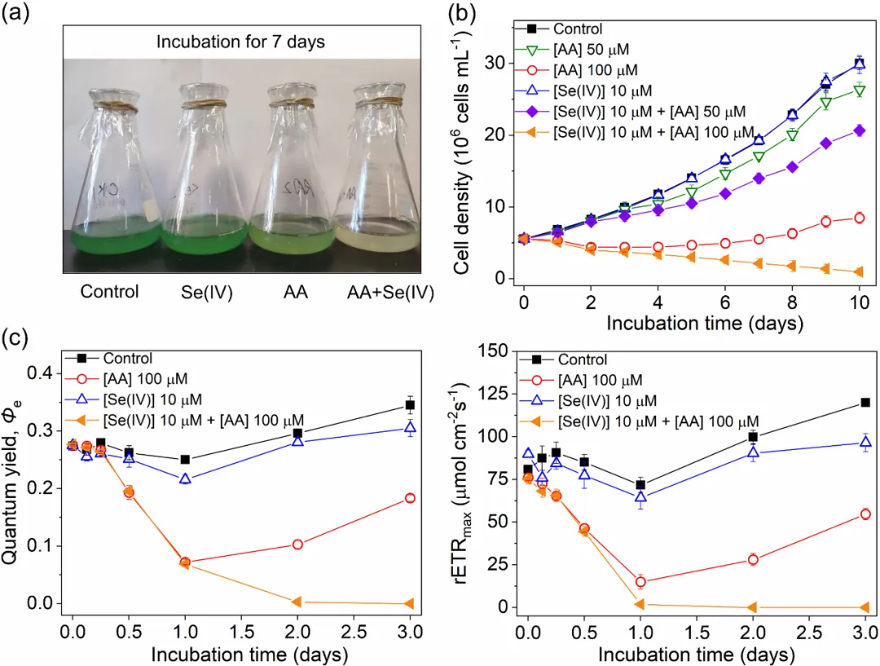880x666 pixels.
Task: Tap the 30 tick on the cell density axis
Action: coord(499,63)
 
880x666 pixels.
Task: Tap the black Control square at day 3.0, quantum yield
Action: coord(410,405)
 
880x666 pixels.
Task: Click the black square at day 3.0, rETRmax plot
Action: coord(865,402)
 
